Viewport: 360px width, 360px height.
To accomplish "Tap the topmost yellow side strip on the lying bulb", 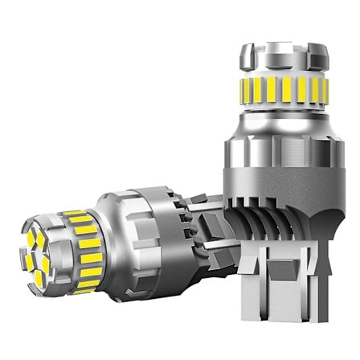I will click(x=75, y=215).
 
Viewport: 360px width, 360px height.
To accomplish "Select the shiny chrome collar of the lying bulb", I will click(x=121, y=233).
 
